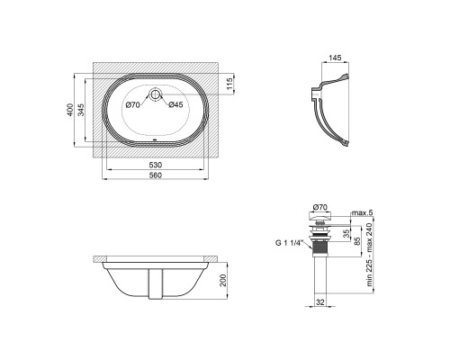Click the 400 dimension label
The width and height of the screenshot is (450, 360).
click(x=69, y=110)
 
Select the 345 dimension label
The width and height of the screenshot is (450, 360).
click(x=81, y=110)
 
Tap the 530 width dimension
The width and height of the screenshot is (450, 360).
click(x=156, y=165)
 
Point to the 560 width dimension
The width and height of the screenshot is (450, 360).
click(x=156, y=175)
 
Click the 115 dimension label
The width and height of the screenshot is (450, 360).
click(x=229, y=84)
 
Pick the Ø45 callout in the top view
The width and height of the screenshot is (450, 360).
click(x=175, y=104)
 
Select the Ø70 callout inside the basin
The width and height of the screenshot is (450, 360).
click(x=133, y=105)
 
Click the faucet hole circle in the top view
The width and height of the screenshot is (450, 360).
click(x=155, y=94)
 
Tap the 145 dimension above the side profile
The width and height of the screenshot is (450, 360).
click(x=335, y=58)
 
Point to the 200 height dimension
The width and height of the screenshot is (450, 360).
click(x=223, y=281)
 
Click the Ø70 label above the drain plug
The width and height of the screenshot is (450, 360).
click(x=319, y=207)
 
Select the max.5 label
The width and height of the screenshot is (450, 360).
click(x=362, y=213)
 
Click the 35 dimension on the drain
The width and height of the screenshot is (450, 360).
click(x=346, y=234)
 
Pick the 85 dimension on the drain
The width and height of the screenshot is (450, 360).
click(x=357, y=241)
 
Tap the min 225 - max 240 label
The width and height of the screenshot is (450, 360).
click(x=369, y=254)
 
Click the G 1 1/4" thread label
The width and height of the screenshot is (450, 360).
click(x=288, y=243)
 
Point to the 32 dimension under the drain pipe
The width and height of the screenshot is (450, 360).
click(x=320, y=302)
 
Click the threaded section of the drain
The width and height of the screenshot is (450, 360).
click(x=319, y=248)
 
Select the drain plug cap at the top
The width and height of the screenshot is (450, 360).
click(x=319, y=216)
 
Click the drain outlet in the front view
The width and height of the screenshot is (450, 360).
click(x=156, y=283)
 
